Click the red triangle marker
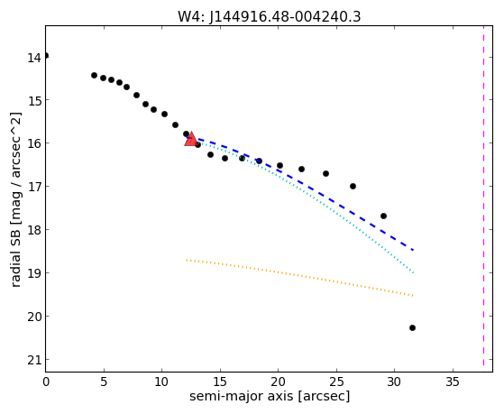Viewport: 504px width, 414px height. click(191, 139)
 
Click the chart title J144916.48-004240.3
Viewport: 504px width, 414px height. click(285, 16)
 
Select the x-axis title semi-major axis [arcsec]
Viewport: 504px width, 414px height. click(270, 396)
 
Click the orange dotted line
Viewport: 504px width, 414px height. click(299, 277)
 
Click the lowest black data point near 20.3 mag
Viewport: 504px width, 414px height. click(412, 327)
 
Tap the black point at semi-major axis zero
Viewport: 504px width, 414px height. click(46, 56)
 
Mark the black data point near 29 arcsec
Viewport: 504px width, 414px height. click(383, 216)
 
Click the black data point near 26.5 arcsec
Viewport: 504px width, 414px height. click(353, 186)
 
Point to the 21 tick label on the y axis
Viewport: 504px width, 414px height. click(34, 360)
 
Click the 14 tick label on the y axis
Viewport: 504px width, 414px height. click(34, 59)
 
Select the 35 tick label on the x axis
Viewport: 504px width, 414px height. click(453, 382)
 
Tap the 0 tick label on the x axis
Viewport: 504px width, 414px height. click(46, 382)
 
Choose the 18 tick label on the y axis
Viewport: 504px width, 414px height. click(34, 230)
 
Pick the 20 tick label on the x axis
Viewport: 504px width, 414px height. click(278, 382)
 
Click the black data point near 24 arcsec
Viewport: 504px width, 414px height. click(325, 174)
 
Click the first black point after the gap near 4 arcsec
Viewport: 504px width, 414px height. click(94, 75)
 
